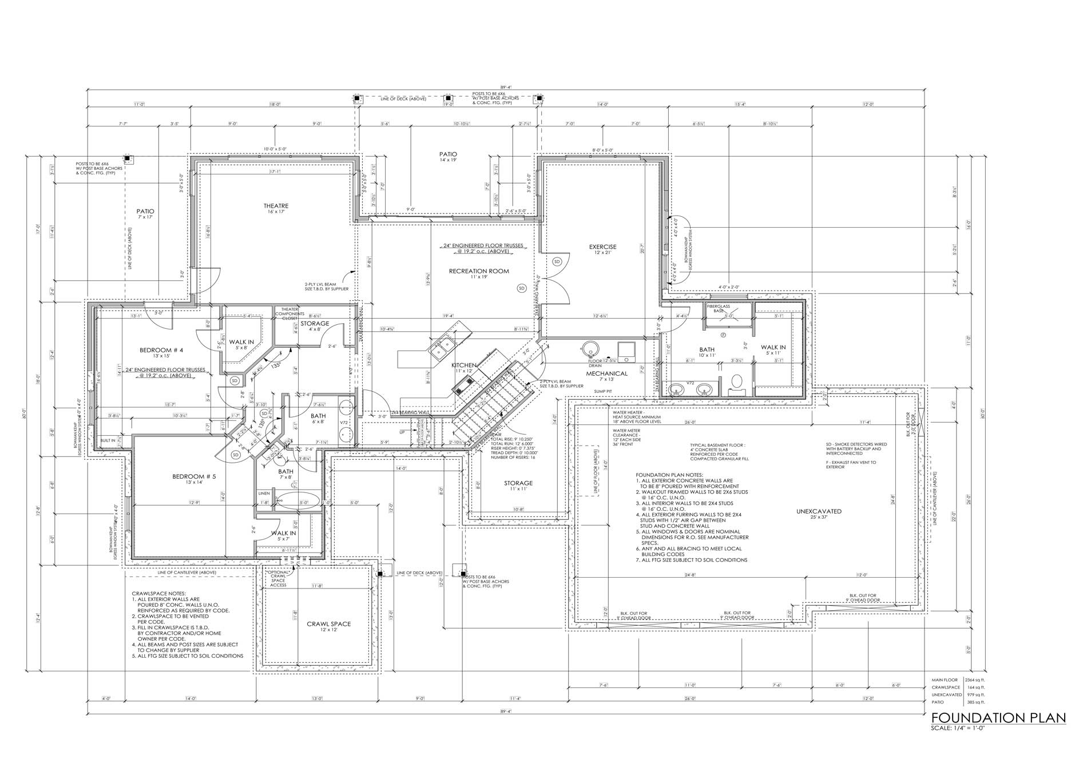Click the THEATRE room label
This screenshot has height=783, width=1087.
pyautogui.click(x=276, y=206)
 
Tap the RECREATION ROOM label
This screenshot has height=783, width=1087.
pyautogui.click(x=478, y=271)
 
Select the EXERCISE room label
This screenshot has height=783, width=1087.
pyautogui.click(x=602, y=247)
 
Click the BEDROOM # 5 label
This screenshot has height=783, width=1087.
pyautogui.click(x=194, y=476)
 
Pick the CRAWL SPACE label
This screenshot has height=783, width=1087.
pyautogui.click(x=328, y=624)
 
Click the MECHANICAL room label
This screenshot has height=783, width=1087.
pyautogui.click(x=606, y=373)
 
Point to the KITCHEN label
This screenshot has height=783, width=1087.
pyautogui.click(x=464, y=365)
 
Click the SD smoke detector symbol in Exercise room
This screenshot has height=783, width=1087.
pyautogui.click(x=557, y=261)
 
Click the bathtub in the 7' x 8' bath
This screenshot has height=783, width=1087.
pyautogui.click(x=296, y=499)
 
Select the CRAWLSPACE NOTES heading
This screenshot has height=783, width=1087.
pyautogui.click(x=158, y=594)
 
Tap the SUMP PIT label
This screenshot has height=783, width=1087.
pyautogui.click(x=603, y=392)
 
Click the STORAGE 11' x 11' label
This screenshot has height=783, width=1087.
pyautogui.click(x=518, y=483)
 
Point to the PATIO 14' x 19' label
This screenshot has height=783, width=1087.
pyautogui.click(x=448, y=154)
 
